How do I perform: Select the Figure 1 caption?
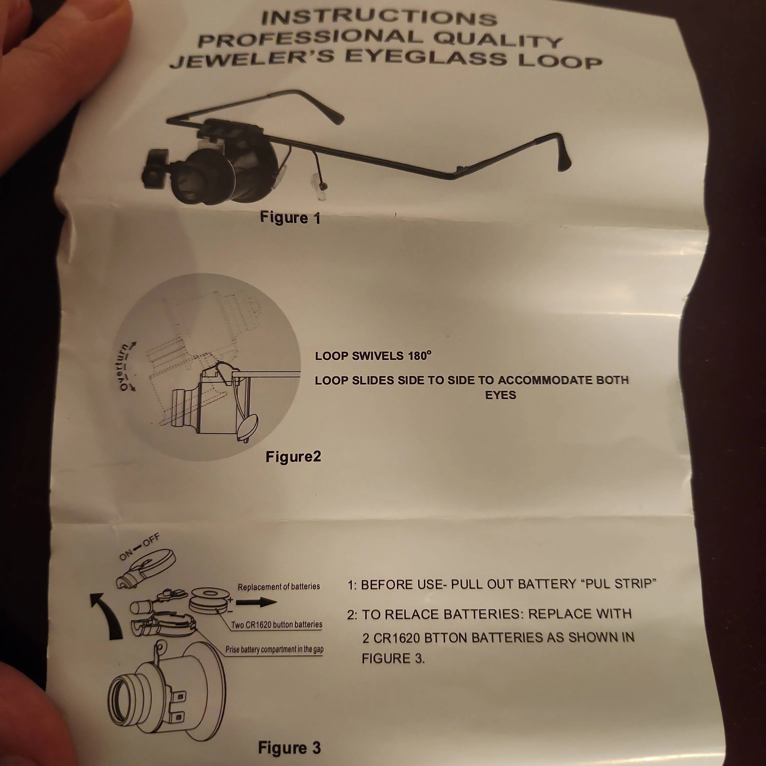(x=290, y=218)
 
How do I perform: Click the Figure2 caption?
(x=293, y=457)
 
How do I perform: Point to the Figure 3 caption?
(x=289, y=748)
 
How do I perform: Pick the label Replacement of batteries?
(x=279, y=587)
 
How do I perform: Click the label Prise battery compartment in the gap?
(x=274, y=649)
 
